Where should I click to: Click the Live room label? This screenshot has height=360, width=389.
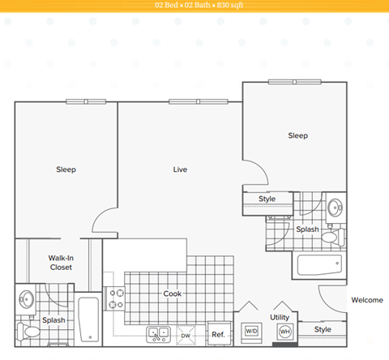180,169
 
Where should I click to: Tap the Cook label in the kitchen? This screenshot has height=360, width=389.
172,294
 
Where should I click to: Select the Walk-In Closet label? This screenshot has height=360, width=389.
61,262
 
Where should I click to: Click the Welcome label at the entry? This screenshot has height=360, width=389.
366,300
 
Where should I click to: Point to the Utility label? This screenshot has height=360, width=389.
280,317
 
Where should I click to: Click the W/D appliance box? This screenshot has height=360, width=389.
251,331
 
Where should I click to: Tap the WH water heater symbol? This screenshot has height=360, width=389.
284,331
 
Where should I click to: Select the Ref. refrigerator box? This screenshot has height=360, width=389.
218,333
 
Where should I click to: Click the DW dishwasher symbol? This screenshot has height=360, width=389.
185,334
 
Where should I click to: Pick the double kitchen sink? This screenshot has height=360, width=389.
157,332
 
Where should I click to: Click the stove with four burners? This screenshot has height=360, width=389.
114,301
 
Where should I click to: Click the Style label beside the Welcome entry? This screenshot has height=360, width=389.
323,329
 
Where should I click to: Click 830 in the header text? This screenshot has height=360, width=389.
214,5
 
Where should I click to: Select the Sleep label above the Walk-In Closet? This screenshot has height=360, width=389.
66,169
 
